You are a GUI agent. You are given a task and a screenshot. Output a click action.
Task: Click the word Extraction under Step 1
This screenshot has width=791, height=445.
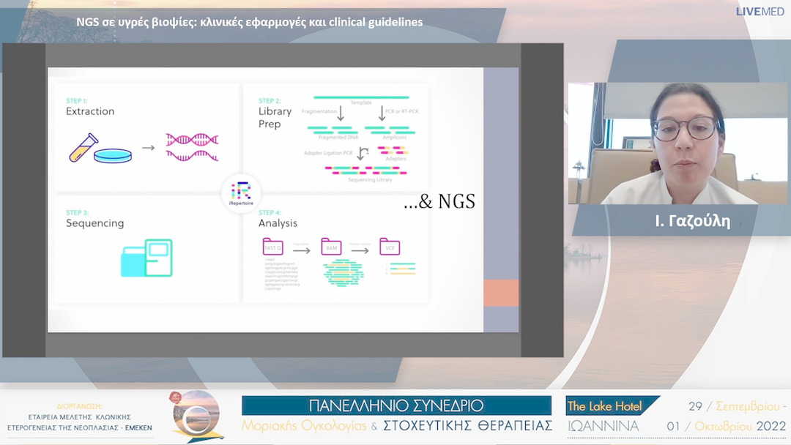(90, 111)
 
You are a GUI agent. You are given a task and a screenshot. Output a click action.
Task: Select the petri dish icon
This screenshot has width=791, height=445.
(113, 154)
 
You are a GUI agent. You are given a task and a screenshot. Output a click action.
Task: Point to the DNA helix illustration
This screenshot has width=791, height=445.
(193, 146)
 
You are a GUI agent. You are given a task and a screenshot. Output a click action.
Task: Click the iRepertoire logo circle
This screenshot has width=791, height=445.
(240, 193)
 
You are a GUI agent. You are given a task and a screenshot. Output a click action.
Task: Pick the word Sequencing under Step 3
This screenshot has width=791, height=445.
(94, 223)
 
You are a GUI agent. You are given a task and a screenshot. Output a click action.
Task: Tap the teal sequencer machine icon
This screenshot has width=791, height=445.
(146, 258)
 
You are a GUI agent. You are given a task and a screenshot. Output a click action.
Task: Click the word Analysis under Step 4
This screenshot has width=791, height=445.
(278, 223)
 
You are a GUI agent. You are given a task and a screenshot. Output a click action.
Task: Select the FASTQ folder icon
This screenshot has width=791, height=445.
(272, 247)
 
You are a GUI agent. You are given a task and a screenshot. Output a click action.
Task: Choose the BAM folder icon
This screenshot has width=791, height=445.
(331, 247)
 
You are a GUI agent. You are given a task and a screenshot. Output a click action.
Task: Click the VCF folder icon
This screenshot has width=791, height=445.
(389, 247)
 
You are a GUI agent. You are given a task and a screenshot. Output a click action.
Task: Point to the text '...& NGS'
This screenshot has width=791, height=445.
(439, 202)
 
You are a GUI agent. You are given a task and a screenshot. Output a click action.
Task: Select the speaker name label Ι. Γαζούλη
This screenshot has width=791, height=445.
(693, 221)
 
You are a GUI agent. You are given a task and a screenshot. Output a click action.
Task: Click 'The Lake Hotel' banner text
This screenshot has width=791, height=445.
(604, 406)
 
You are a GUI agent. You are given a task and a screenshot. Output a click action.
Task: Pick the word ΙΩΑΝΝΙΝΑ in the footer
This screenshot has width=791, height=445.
(603, 426)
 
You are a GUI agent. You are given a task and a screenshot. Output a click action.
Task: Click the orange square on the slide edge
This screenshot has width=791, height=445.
(501, 293)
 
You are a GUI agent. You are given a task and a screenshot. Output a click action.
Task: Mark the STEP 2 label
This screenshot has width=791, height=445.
(270, 100)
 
